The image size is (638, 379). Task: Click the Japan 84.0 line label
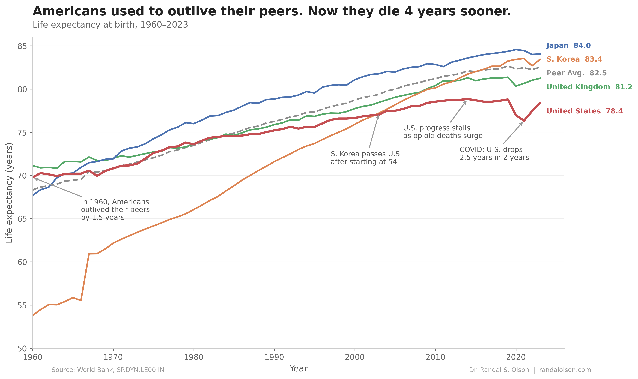568,46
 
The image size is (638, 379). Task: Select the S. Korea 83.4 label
574,59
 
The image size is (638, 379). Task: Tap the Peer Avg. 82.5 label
576,73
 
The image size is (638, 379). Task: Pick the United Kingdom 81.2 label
589,87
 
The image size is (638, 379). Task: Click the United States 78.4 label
584,111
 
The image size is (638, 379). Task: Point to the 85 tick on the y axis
22,46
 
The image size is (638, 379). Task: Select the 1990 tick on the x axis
274,357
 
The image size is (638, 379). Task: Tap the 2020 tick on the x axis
516,357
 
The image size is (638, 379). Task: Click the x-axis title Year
298,368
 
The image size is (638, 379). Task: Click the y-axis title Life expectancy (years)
9,193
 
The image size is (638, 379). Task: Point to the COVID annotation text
494,153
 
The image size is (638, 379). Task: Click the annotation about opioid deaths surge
443,132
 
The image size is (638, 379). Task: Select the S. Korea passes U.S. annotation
366,158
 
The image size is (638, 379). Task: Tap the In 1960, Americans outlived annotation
115,210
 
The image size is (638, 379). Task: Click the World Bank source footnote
108,370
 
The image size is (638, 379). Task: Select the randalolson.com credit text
565,370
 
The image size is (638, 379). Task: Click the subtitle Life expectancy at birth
110,25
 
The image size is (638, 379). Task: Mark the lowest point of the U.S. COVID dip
524,121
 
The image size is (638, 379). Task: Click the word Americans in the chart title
69,11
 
